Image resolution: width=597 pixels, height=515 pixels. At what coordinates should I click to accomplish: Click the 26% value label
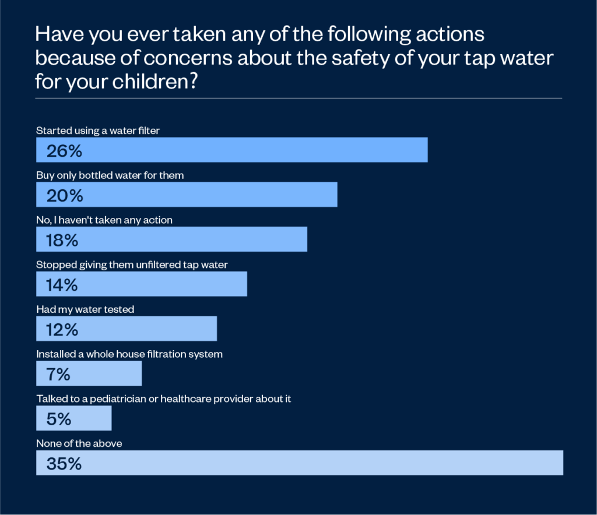tap(64, 151)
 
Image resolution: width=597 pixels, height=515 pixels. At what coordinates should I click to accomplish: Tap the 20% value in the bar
tap(65, 196)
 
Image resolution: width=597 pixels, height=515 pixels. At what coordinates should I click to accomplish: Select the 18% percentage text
tap(62, 241)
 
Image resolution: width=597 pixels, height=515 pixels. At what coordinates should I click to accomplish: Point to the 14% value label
tap(62, 285)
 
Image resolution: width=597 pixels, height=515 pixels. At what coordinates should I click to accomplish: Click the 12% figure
tap(62, 330)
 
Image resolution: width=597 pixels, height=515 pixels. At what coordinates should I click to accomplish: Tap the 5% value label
tap(59, 419)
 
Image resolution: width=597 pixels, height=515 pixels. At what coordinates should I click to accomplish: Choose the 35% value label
tap(64, 464)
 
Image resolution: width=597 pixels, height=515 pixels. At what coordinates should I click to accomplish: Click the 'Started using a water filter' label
tap(98, 130)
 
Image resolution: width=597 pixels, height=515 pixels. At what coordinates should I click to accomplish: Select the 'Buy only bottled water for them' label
tap(110, 175)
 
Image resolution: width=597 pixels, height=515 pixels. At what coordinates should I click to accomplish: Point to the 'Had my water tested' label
tap(85, 309)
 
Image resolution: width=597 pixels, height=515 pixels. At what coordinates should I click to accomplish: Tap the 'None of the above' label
tap(79, 443)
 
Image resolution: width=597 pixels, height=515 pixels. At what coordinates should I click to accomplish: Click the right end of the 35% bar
tap(562, 463)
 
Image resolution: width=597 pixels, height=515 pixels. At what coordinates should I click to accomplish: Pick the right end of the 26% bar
tap(427, 150)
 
